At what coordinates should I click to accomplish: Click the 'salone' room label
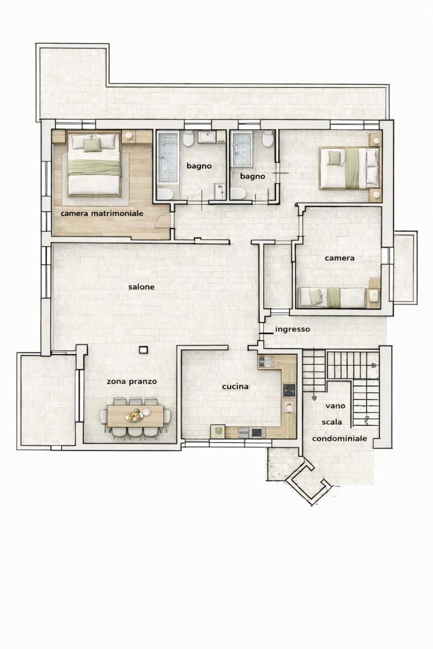141,287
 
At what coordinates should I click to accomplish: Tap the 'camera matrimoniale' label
102,214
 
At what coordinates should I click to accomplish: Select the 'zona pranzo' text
132,382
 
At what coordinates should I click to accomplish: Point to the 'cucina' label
235,387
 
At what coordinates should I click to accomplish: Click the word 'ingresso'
292,329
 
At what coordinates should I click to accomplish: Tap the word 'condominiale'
339,439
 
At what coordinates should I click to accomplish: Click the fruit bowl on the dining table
134,416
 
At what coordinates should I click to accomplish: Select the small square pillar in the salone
143,350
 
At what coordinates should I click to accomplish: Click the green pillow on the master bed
93,145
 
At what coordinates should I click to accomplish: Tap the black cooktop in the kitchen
289,390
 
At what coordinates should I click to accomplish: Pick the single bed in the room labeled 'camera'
332,297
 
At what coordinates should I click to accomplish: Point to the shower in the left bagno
168,157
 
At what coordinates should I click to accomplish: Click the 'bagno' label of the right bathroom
252,176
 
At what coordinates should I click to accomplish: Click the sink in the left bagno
207,137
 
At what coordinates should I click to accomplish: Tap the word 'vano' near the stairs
335,406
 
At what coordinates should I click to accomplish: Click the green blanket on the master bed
95,168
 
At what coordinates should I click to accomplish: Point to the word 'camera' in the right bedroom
339,258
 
